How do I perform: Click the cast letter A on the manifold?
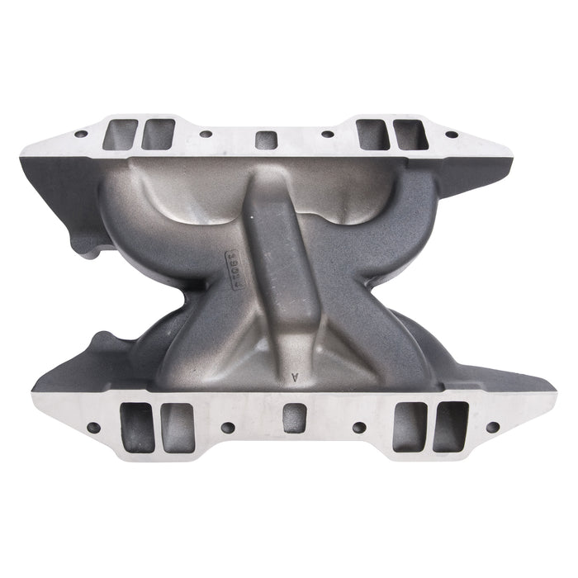[295, 377]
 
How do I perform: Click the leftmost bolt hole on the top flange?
[80, 134]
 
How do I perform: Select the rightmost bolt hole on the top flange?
[452, 134]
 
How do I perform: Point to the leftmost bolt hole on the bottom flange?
[92, 427]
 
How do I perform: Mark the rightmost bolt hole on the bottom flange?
[492, 427]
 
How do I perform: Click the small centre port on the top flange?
[266, 139]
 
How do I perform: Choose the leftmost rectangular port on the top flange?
[121, 135]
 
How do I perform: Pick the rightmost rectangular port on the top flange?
[410, 135]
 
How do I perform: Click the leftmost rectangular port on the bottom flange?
[137, 427]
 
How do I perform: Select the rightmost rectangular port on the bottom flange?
[451, 427]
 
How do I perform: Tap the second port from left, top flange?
[158, 135]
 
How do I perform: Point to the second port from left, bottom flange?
[178, 427]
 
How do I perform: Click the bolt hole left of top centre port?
[204, 134]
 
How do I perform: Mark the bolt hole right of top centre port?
[328, 134]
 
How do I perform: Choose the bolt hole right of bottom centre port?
[358, 427]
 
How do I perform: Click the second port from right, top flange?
[373, 135]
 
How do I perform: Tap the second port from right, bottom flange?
[410, 427]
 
